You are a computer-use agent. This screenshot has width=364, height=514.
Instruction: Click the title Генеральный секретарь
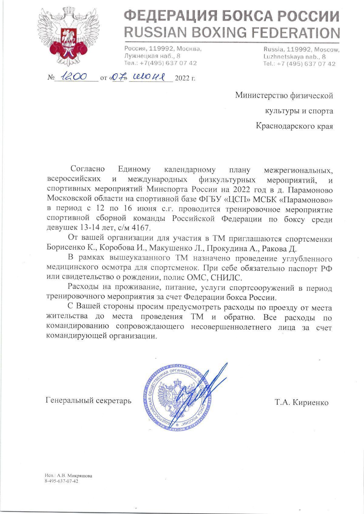[89, 401]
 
